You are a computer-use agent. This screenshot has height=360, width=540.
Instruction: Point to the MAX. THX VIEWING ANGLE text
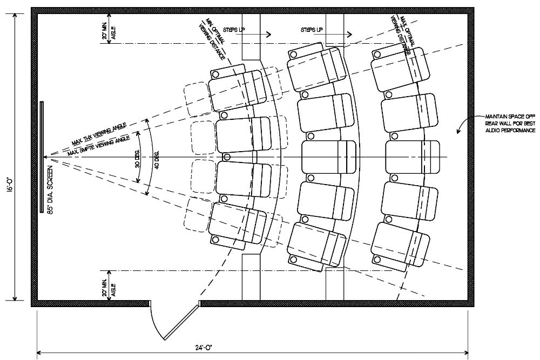tap(99, 134)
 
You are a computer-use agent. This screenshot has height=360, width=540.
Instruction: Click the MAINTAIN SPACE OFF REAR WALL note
tap(510, 124)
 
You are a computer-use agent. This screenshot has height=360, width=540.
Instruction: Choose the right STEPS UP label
tap(313, 29)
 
